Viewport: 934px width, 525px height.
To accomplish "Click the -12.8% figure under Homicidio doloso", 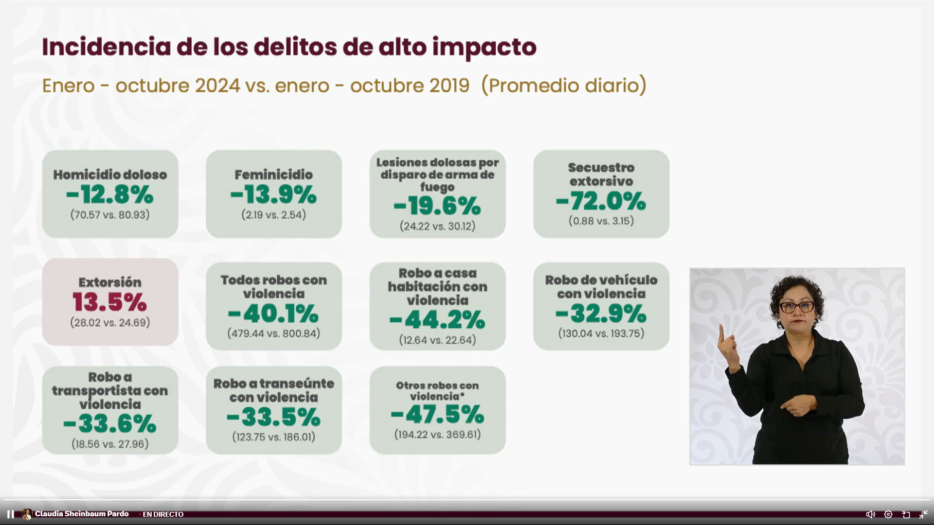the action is [x=110, y=195].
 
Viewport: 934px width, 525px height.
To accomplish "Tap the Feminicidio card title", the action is [x=274, y=175].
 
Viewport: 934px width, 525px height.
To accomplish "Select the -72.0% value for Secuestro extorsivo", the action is [x=601, y=201].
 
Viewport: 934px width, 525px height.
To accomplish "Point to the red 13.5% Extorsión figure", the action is [x=110, y=302].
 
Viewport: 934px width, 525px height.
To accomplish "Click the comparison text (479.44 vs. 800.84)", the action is [x=274, y=333].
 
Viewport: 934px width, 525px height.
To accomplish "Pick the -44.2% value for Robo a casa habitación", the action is [x=437, y=320].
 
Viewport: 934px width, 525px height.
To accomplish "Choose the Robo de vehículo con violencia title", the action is [x=601, y=287].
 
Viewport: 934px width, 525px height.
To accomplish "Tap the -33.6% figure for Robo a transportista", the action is [x=110, y=424].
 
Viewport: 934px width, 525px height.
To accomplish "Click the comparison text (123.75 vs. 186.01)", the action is [x=274, y=437].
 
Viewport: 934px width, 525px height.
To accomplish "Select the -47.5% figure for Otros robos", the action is [x=437, y=415].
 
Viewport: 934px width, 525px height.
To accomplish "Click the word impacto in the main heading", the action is [x=484, y=48].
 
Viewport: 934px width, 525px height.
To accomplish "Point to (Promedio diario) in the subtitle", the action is [x=564, y=86].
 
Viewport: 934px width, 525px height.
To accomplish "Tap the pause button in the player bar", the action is [x=10, y=514].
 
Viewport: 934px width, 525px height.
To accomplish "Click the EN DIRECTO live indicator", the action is [x=162, y=514].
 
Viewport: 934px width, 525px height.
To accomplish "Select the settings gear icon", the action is [x=888, y=514].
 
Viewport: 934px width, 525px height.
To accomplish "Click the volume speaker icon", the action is [x=871, y=514].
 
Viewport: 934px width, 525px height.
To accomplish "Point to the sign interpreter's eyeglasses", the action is [x=797, y=307].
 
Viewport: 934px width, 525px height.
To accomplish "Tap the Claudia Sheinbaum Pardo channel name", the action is [x=82, y=514].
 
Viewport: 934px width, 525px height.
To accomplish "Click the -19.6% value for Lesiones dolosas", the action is [x=437, y=206].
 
